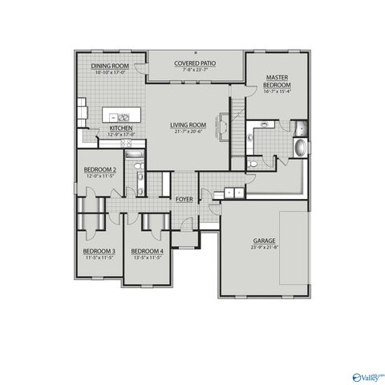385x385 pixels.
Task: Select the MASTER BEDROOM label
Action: pyautogui.click(x=278, y=81)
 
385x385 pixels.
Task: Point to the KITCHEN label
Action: pyautogui.click(x=120, y=128)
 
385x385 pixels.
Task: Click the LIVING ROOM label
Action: pyautogui.click(x=188, y=125)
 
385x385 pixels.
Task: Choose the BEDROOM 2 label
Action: pyautogui.click(x=100, y=170)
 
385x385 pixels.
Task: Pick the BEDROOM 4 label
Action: pyautogui.click(x=146, y=251)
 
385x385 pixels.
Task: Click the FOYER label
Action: pyautogui.click(x=184, y=198)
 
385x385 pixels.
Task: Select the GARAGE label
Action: pyautogui.click(x=264, y=241)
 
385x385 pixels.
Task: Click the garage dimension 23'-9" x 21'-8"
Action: pyautogui.click(x=264, y=247)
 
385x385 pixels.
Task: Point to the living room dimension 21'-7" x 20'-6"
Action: pyautogui.click(x=188, y=132)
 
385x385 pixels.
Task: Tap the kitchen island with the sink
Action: pyautogui.click(x=122, y=113)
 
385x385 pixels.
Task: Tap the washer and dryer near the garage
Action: pyautogui.click(x=234, y=192)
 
